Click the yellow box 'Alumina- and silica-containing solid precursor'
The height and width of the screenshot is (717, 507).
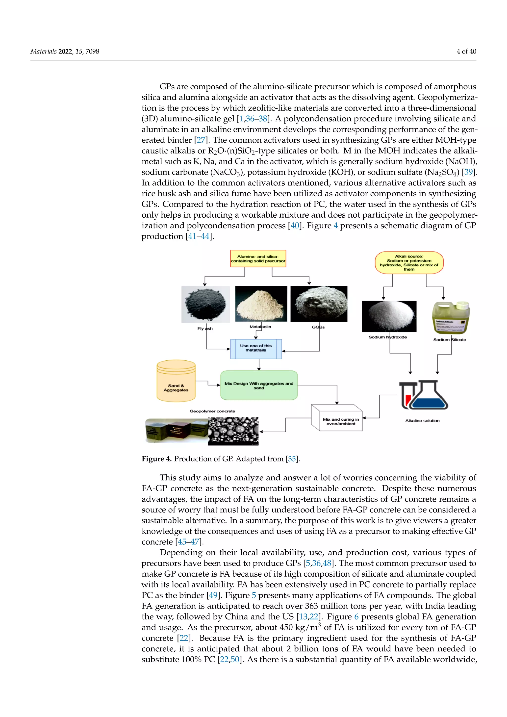tap(258, 258)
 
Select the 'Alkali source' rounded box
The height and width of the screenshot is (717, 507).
tap(409, 263)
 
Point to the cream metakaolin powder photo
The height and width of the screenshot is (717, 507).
tap(261, 304)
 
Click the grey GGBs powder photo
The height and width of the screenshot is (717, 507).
tap(319, 304)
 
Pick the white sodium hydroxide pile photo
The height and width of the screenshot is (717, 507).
tap(389, 316)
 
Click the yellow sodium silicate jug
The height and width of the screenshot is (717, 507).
tap(451, 318)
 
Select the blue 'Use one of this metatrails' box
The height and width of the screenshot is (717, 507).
tap(256, 349)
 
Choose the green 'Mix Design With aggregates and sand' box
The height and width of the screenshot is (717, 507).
tap(259, 385)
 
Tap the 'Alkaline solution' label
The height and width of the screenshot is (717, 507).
tap(422, 421)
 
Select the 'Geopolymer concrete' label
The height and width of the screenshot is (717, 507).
tap(212, 411)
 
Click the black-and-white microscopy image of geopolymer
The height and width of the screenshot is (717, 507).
tap(233, 431)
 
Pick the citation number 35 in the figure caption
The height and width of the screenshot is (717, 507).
tap(292, 459)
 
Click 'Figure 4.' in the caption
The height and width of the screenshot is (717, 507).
tap(156, 459)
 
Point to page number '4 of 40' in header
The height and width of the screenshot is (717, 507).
tap(466, 51)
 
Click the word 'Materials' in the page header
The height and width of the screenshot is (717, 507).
tap(43, 51)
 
